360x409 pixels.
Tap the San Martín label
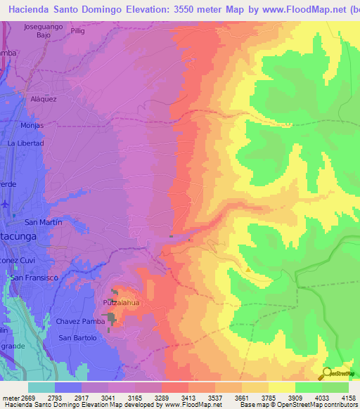(x=44, y=222)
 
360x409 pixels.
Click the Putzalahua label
(x=119, y=301)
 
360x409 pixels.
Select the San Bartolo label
(x=77, y=338)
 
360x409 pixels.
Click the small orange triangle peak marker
(x=247, y=268)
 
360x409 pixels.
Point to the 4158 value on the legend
(x=348, y=398)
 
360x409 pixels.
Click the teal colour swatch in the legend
(x=41, y=387)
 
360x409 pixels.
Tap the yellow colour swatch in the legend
(x=281, y=387)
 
